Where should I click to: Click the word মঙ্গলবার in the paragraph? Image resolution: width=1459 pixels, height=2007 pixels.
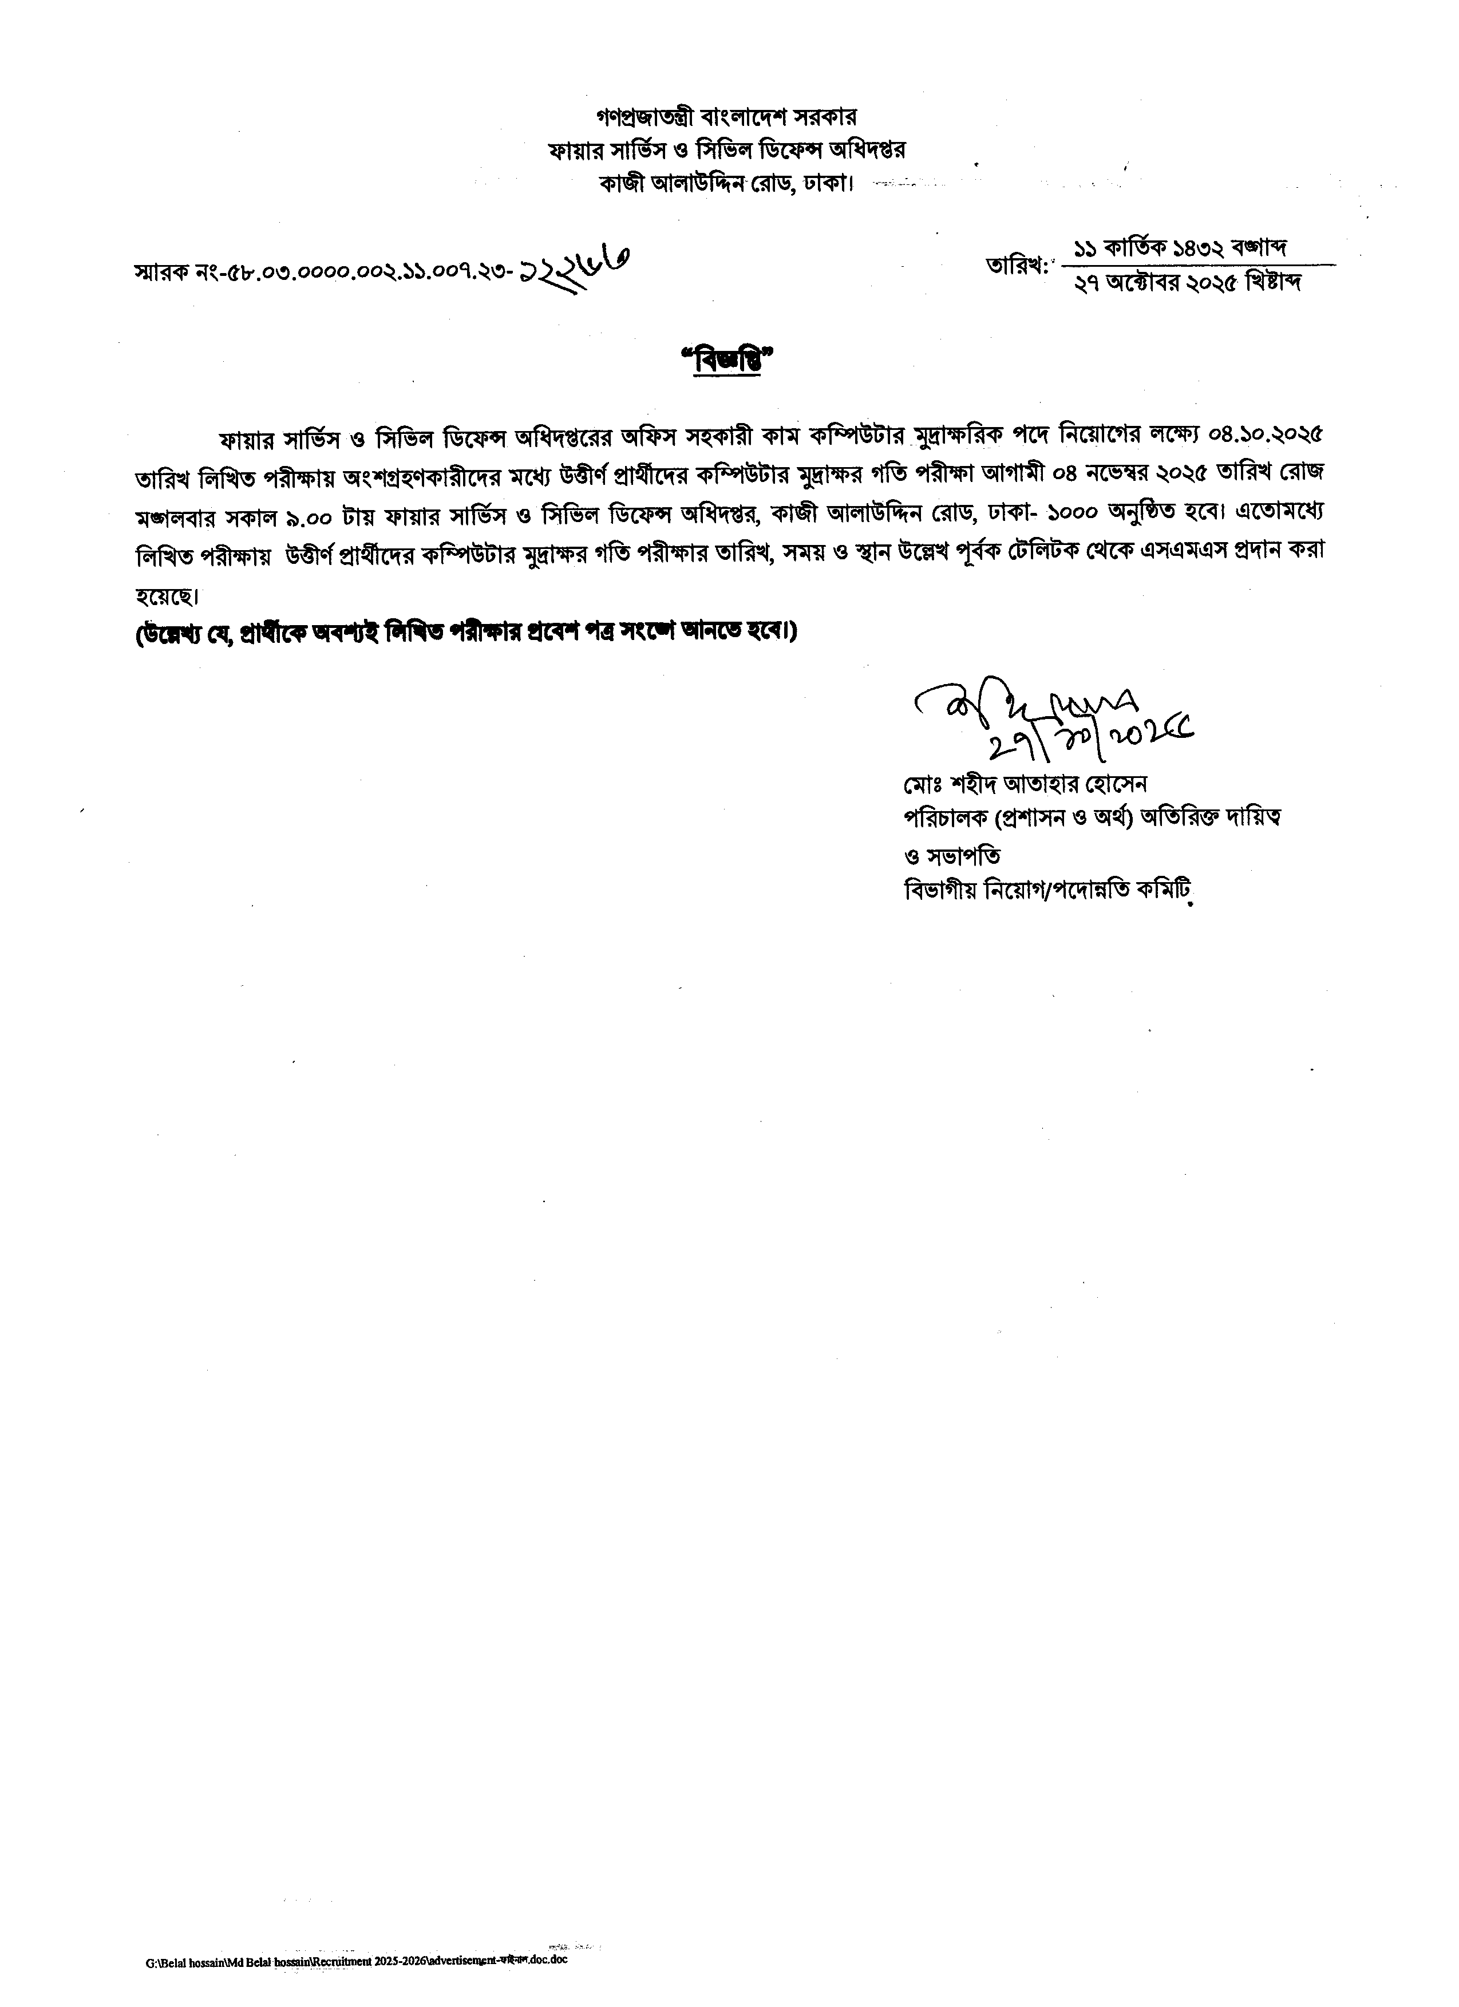(x=173, y=513)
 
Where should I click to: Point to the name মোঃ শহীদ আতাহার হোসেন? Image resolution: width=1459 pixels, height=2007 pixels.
(x=1023, y=784)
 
